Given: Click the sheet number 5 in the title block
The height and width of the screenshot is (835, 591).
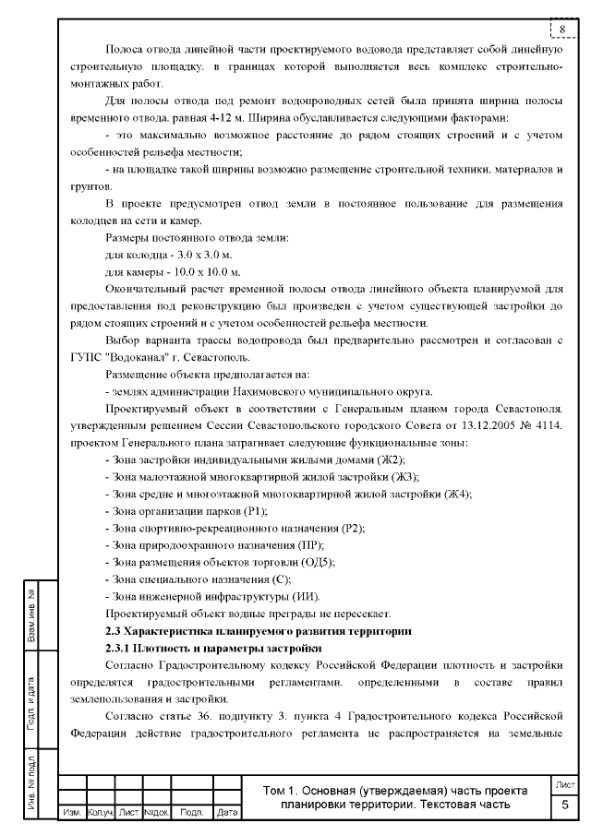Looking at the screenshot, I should tap(565, 805).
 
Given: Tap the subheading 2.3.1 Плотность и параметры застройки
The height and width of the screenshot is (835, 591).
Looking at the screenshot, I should tap(199, 649).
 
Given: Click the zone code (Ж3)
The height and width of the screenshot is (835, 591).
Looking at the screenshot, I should tap(404, 476).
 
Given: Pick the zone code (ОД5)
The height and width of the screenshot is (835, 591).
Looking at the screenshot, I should tap(320, 561).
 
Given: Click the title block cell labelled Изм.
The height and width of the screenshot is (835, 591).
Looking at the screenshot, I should tap(70, 814).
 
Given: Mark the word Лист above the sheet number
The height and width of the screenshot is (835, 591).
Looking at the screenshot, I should tap(565, 784).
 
